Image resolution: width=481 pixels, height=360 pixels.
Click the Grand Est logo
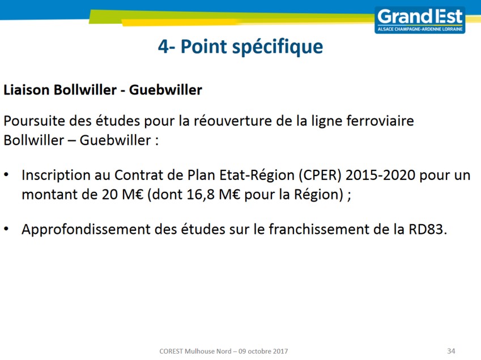point(420,20)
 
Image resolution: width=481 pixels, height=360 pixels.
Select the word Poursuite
point(35,121)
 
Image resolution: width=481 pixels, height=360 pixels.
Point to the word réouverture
point(232,121)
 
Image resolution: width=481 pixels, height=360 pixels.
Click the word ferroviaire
point(380,121)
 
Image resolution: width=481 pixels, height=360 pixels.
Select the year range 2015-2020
point(380,175)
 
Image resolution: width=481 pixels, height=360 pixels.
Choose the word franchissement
point(319,229)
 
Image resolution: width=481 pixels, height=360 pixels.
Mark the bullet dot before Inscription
point(6,175)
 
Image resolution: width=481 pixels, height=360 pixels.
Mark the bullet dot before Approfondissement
point(6,229)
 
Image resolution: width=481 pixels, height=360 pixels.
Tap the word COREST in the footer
point(171,351)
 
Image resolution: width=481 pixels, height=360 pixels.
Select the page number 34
point(451,351)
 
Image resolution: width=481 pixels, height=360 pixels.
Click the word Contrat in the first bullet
point(134,175)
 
